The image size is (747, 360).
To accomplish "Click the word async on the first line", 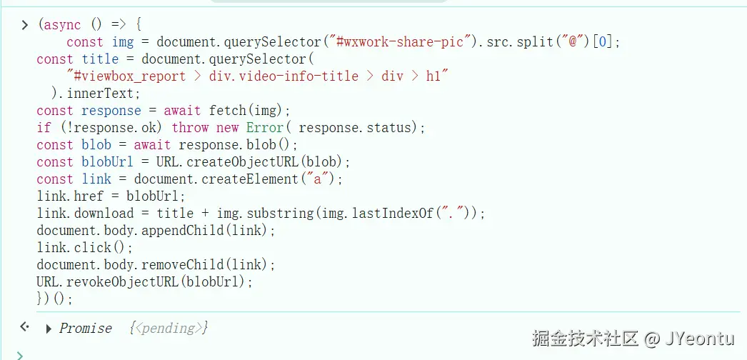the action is click(x=63, y=24).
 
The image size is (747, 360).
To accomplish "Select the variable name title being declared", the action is click(x=100, y=59).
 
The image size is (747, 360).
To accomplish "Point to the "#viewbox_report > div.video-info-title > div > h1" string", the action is click(x=257, y=76).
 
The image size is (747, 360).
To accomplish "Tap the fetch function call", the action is click(x=226, y=110).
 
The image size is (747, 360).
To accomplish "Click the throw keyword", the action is click(x=190, y=127).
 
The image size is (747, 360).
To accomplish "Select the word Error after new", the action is click(x=264, y=127).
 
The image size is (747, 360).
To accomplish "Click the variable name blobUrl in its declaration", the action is click(x=107, y=161).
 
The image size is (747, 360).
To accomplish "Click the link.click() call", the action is click(x=85, y=247).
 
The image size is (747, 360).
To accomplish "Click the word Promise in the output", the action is click(x=86, y=329).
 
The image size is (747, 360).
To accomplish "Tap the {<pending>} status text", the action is click(x=169, y=329).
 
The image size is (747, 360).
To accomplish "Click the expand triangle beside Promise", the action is click(x=48, y=329).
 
